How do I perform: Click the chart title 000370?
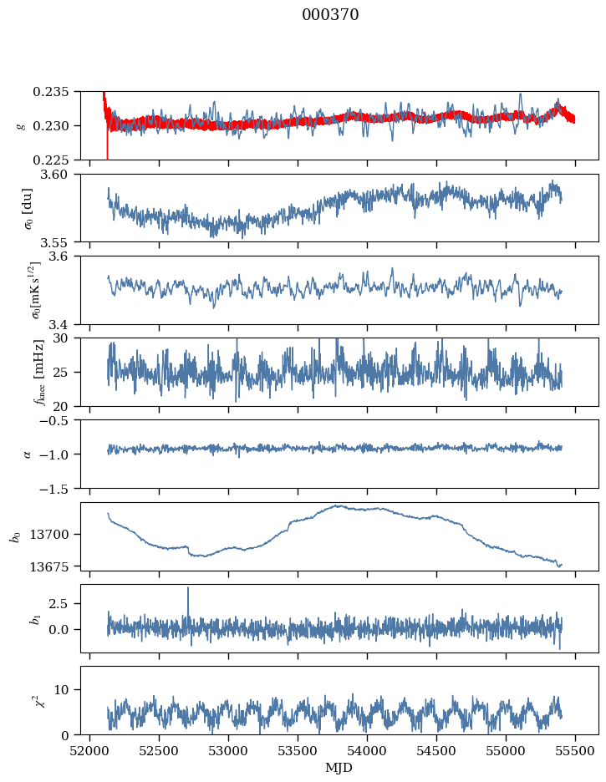[330, 15]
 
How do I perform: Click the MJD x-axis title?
[339, 767]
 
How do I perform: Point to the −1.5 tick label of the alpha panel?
[62, 488]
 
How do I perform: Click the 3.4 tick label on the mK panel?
[67, 323]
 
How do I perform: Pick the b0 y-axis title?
[15, 536]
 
